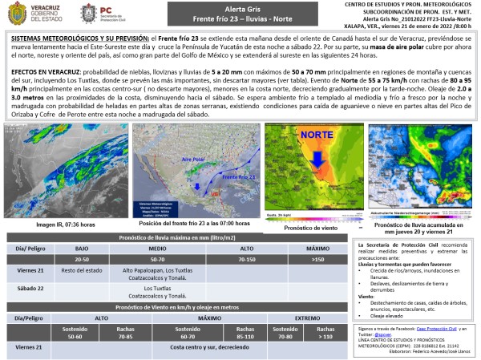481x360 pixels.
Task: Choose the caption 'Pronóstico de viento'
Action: pos(310,227)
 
